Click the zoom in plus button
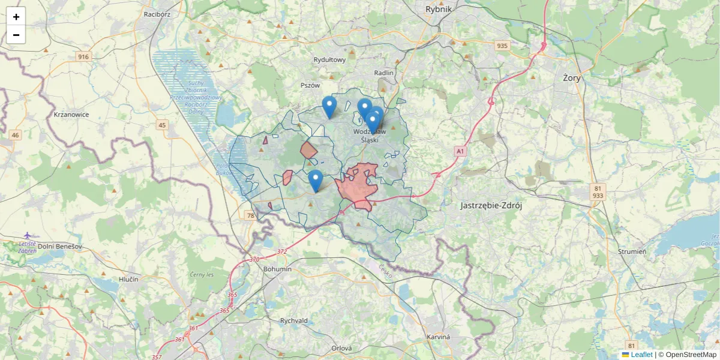(16, 17)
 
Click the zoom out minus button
(16, 35)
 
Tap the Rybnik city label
(438, 9)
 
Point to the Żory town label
(572, 77)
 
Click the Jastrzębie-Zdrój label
(491, 205)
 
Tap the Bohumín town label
(277, 269)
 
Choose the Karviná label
(438, 337)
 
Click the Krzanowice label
(71, 114)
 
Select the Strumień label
(634, 251)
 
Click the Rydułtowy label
(330, 59)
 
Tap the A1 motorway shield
(460, 152)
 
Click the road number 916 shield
(83, 56)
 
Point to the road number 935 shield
(502, 46)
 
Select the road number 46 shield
(15, 135)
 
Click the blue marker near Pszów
(329, 107)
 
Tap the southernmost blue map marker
(315, 181)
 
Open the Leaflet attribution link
(641, 355)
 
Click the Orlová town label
(341, 348)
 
